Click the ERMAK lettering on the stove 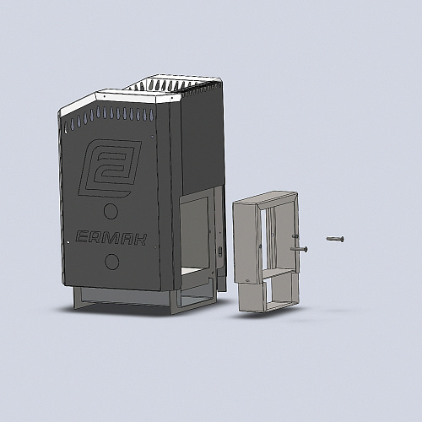click(111, 238)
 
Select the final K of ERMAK click(139, 240)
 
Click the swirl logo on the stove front click(110, 168)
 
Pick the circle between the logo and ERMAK click(111, 211)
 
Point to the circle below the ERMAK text click(111, 262)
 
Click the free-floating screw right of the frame click(335, 239)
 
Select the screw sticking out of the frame click(300, 249)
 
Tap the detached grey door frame click(266, 251)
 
